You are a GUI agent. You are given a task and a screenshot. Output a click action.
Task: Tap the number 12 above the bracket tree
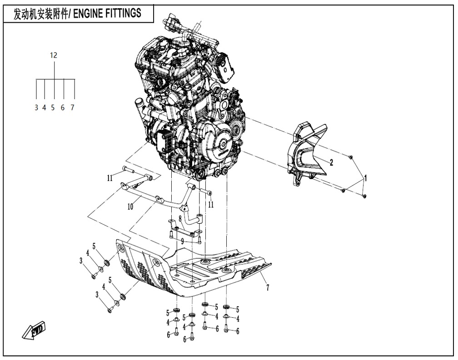pyautogui.click(x=54, y=55)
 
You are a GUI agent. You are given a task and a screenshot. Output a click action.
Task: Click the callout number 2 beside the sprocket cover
pyautogui.click(x=331, y=162)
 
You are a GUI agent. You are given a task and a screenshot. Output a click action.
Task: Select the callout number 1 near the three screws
pyautogui.click(x=365, y=178)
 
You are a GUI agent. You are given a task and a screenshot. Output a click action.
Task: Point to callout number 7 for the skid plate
pyautogui.click(x=268, y=287)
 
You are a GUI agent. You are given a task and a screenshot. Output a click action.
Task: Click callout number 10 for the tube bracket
pyautogui.click(x=130, y=206)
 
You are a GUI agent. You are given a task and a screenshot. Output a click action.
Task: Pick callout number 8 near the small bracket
pyautogui.click(x=180, y=219)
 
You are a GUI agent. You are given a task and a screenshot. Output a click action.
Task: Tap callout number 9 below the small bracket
pyautogui.click(x=182, y=241)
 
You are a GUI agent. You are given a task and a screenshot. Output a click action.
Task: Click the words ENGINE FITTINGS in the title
pyautogui.click(x=107, y=13)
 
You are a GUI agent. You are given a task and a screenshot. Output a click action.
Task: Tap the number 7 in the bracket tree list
pyautogui.click(x=72, y=108)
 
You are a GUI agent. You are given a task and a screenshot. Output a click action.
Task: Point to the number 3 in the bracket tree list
pyautogui.click(x=36, y=108)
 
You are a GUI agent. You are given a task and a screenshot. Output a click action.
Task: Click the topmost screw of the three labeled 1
pyautogui.click(x=351, y=157)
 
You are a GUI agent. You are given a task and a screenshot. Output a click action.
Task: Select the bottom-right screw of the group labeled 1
pyautogui.click(x=364, y=196)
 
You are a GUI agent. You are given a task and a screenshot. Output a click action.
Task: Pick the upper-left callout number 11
pyautogui.click(x=110, y=178)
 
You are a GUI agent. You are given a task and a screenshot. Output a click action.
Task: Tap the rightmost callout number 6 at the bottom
pyautogui.click(x=238, y=331)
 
